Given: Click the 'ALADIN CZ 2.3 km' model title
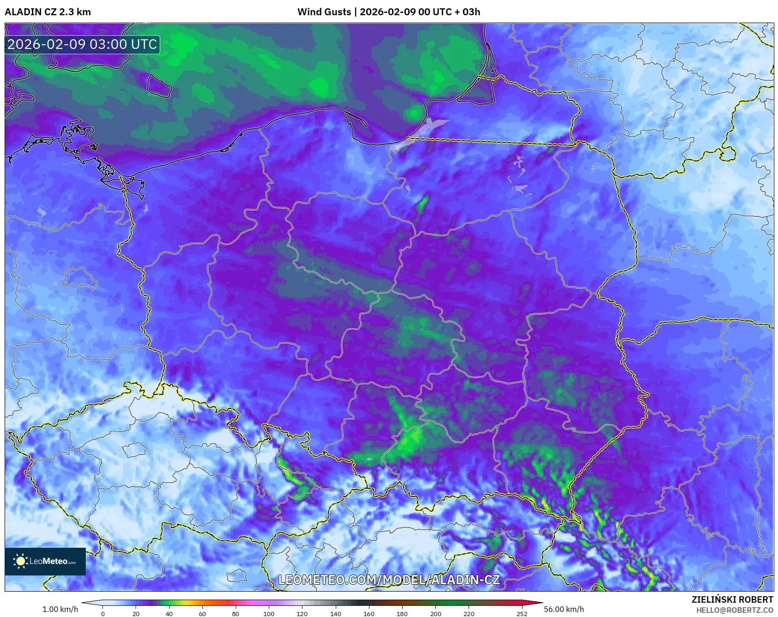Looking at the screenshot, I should pos(48,12).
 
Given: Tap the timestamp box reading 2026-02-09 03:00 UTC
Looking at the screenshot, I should pos(82,44).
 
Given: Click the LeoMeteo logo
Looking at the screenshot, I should pos(45,561).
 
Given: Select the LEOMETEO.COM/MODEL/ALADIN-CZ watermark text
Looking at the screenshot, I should pos(389,580).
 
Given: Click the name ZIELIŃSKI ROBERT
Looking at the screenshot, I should pos(732,599).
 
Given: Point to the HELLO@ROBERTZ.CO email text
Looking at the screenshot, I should pos(734,610).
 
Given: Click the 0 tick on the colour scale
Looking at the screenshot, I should pos(103,613).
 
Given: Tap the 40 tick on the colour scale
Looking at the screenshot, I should pos(169,613).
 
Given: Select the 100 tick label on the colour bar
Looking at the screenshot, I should pos(269,613).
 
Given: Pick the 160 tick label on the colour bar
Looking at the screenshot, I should pos(369,613).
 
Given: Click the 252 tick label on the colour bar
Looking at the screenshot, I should pos(522,613).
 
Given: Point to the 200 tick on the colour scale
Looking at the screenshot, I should pos(435,613).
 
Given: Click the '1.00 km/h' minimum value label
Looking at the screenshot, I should pos(60,609).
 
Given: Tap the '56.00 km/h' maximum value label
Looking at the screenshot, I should pos(564,609).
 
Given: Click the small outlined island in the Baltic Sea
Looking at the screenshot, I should pos(159,86).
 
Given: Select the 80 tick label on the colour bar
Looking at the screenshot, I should pos(236,613).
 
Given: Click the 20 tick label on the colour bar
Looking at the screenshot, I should pos(136,613).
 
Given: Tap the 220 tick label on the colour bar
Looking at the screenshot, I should pos(469,613).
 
